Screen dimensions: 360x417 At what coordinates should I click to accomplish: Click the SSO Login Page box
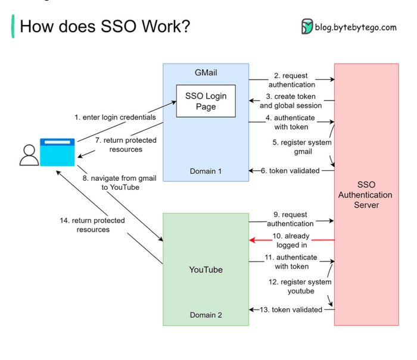click(206, 101)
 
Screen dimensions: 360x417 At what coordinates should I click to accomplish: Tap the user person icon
click(28, 154)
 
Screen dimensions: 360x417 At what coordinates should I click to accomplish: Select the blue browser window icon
click(57, 152)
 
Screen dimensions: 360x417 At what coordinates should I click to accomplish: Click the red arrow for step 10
click(291, 240)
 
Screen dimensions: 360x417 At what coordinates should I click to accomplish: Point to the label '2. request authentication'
click(290, 80)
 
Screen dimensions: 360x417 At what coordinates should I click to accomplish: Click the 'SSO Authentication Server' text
click(365, 195)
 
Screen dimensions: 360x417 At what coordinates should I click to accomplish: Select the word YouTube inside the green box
click(206, 270)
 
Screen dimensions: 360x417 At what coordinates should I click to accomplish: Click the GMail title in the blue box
click(206, 72)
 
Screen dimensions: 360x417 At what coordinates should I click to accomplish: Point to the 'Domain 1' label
click(206, 171)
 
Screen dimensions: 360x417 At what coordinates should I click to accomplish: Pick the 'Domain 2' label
click(206, 315)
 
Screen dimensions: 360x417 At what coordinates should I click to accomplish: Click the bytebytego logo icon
click(307, 27)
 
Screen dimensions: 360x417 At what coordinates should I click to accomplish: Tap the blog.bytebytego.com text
click(356, 27)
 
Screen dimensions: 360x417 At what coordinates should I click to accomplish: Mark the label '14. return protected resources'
click(92, 225)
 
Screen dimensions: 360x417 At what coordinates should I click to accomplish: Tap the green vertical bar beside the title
click(13, 27)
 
